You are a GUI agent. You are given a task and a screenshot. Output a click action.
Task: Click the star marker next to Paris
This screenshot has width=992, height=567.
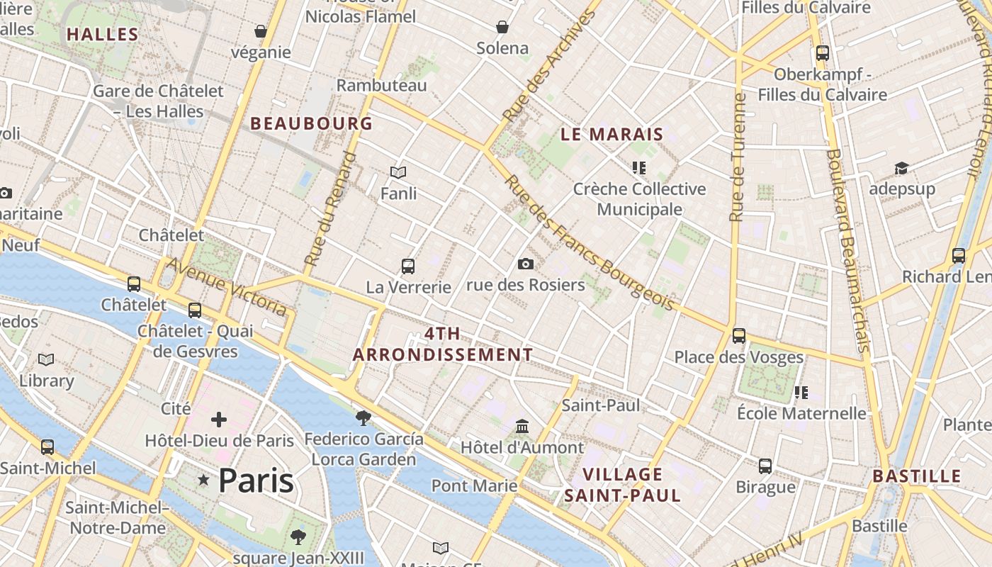pos(204,481)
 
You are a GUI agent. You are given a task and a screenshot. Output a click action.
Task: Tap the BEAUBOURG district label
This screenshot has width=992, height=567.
pos(311,123)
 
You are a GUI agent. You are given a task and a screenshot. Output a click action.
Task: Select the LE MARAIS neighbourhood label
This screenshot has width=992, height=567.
pos(611,134)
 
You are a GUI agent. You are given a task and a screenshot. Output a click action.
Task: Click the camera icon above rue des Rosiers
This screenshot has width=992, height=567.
pos(525,264)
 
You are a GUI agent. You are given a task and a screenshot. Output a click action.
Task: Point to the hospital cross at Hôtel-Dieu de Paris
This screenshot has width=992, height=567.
pos(218,420)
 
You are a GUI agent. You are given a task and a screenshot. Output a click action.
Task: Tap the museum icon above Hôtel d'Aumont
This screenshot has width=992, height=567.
pos(522,427)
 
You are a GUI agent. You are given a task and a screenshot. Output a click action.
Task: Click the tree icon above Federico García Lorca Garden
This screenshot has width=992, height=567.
pos(363,417)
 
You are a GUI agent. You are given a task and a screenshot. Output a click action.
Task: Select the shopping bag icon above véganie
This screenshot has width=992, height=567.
pos(260,31)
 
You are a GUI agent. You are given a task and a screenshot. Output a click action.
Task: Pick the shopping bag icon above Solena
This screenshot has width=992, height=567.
pos(502,27)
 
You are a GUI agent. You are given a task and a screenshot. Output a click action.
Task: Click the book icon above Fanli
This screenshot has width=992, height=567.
pos(398,172)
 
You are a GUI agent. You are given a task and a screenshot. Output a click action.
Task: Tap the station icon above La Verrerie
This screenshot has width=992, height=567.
pos(408,266)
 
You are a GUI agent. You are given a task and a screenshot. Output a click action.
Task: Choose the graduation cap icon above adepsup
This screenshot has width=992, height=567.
pos(901,168)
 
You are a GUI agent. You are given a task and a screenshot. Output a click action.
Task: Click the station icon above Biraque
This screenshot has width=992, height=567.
pos(765,466)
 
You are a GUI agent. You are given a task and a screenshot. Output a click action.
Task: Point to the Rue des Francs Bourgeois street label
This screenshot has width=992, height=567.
pos(588,245)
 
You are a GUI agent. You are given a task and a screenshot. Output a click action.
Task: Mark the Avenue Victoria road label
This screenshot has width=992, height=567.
pos(227,286)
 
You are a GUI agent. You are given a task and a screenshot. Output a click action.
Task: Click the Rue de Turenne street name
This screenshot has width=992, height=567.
pos(738,157)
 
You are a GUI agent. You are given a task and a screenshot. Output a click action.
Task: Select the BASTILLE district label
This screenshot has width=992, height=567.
pos(916,476)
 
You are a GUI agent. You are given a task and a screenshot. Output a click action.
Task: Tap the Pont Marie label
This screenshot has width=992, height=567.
pos(474,486)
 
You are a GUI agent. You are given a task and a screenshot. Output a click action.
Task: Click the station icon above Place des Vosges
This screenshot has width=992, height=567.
pos(738,335)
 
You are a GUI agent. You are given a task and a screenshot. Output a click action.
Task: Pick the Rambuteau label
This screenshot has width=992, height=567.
pos(381,85)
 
